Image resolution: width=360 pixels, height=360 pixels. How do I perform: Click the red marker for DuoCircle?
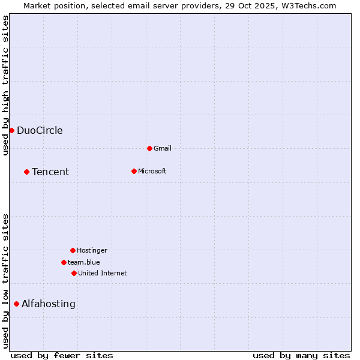click(11, 130)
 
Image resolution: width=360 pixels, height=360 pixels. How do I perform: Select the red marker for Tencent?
click(26, 172)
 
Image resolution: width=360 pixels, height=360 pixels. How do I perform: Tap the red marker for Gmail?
click(149, 148)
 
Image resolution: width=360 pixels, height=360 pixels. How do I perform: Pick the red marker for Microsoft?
click(134, 171)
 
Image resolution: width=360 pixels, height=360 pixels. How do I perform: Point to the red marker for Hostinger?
click(73, 250)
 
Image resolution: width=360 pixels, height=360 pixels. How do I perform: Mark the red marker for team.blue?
click(64, 262)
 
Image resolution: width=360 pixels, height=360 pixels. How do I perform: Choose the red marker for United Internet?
click(74, 273)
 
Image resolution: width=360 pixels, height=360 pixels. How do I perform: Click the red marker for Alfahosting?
click(16, 304)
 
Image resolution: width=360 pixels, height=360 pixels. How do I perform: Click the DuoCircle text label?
click(40, 131)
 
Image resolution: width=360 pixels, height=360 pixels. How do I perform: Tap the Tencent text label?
click(50, 172)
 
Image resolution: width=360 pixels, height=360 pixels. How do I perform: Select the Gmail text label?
click(163, 149)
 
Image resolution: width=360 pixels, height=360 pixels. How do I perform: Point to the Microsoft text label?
click(152, 172)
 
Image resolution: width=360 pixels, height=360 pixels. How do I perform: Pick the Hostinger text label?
click(92, 251)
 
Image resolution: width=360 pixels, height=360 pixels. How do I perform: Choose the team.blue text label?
click(84, 263)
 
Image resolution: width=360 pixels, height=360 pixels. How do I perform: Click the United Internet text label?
click(103, 274)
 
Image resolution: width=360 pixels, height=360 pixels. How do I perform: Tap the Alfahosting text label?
click(49, 304)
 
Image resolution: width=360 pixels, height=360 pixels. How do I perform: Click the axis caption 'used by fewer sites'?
click(62, 356)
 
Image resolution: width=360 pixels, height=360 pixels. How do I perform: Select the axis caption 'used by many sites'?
click(301, 356)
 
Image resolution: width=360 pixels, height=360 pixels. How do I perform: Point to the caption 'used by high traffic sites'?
click(6, 85)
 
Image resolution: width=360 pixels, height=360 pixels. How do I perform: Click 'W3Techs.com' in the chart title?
click(308, 6)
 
